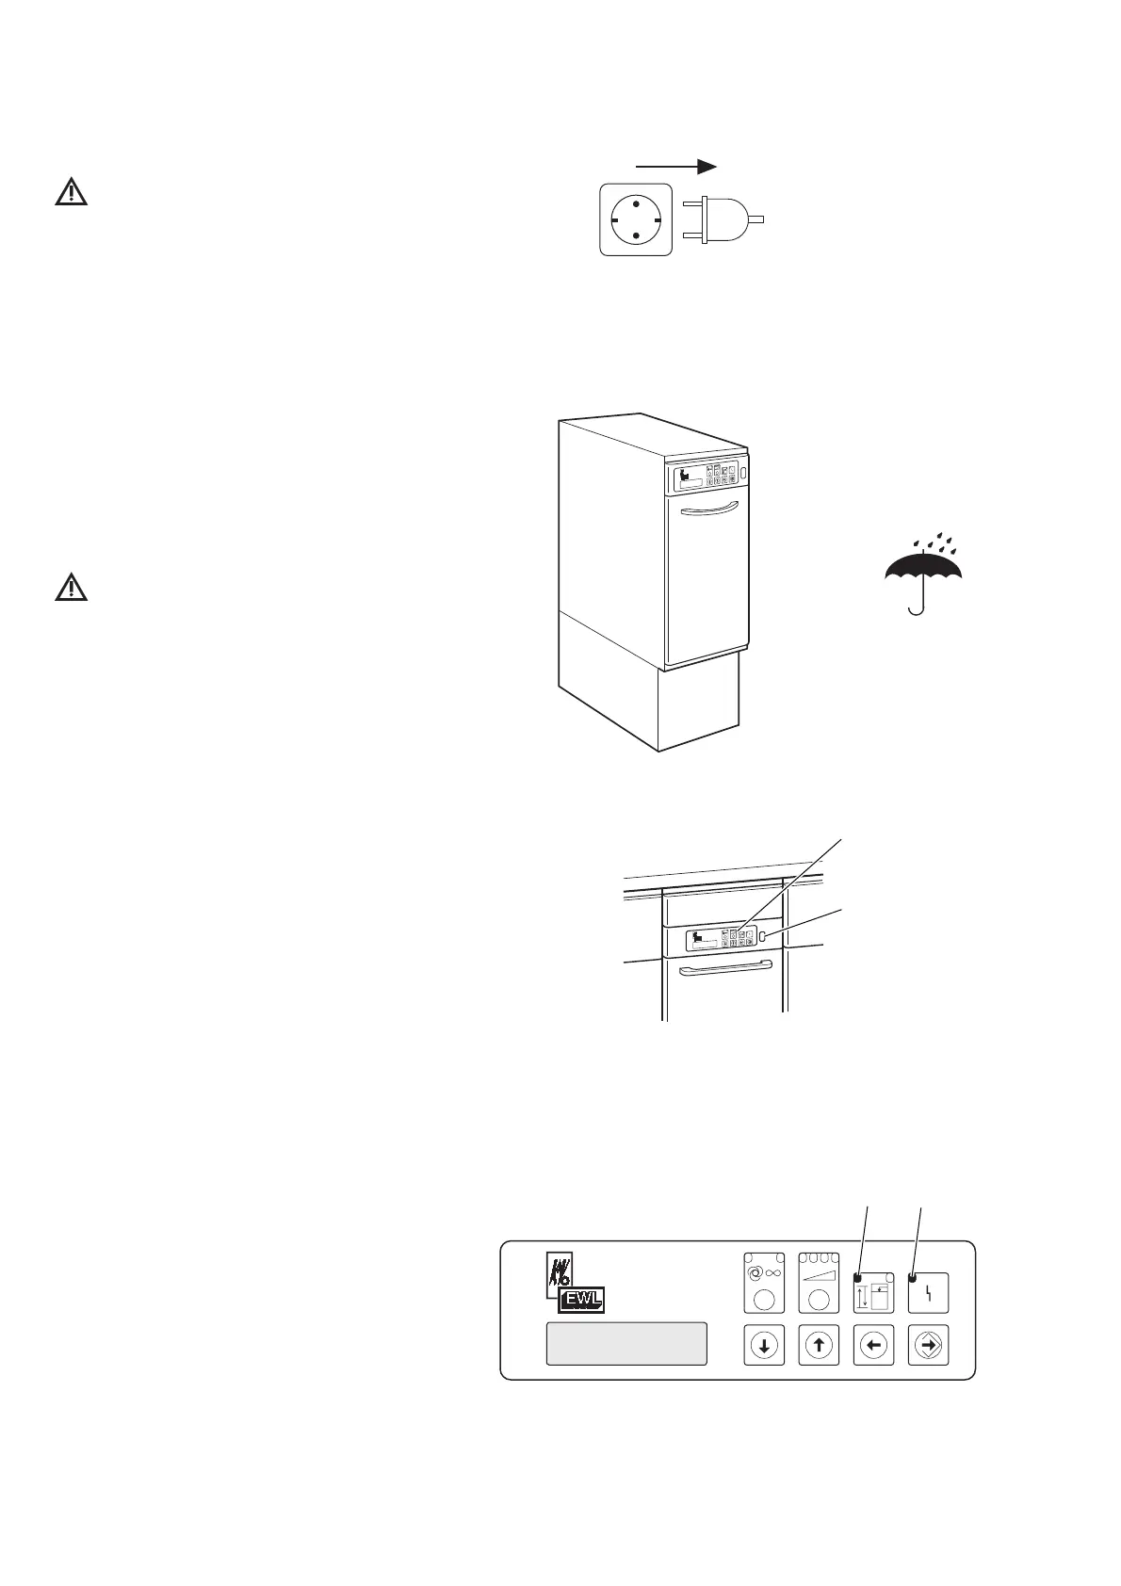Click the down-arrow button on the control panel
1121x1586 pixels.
coord(764,1346)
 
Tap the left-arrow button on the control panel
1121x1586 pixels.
coord(872,1346)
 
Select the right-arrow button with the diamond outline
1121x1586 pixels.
coord(927,1346)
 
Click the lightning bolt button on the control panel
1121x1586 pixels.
coord(928,1293)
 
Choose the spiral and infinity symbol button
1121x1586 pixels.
coord(764,1282)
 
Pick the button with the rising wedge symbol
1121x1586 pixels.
coord(819,1282)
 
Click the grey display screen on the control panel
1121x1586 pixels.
coord(626,1343)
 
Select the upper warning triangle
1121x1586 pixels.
coord(70,193)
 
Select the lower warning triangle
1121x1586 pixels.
coord(70,589)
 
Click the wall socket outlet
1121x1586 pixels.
coord(636,218)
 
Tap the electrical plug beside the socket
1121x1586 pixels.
coord(720,218)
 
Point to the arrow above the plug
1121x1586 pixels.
coord(679,166)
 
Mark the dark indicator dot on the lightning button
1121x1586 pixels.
coord(912,1277)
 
